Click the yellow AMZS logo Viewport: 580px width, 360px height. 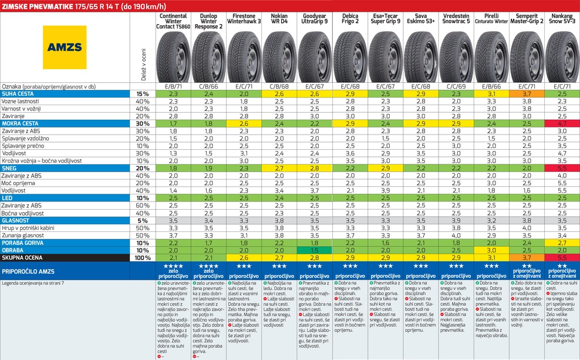(x=65, y=47)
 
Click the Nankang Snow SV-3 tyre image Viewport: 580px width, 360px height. (x=562, y=56)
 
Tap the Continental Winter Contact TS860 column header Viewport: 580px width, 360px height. (x=174, y=22)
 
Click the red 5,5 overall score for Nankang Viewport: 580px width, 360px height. (x=562, y=257)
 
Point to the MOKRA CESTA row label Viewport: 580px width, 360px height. (x=21, y=124)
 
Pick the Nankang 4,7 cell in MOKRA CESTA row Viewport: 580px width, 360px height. (x=562, y=124)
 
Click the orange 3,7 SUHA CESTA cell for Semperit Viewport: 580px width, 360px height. (x=527, y=94)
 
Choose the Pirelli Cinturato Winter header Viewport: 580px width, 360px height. (x=491, y=19)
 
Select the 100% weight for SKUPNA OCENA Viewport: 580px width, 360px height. (x=142, y=257)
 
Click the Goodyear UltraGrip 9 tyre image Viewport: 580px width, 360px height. (x=315, y=56)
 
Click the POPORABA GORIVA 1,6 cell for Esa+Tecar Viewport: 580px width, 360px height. (x=386, y=242)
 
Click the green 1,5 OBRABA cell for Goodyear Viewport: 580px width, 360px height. (x=315, y=250)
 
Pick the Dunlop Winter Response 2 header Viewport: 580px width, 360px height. (x=209, y=22)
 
